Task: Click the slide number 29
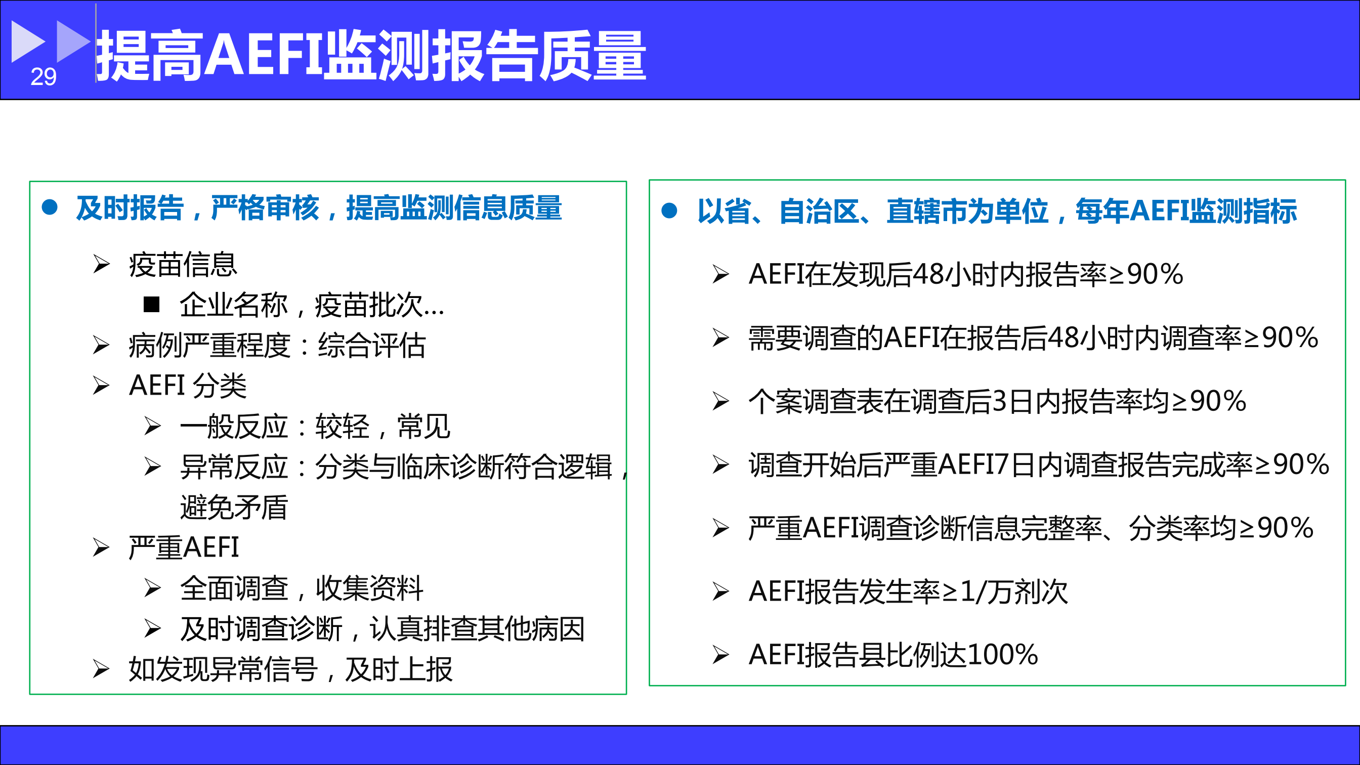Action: click(44, 77)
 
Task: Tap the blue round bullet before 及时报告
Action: click(50, 207)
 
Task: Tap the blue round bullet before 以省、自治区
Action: click(669, 210)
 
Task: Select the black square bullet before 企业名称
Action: click(151, 304)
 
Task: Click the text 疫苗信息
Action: click(183, 265)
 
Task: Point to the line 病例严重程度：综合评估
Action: click(277, 345)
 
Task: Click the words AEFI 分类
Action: click(188, 386)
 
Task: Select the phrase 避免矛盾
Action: click(234, 507)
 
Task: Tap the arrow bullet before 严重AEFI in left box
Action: click(101, 547)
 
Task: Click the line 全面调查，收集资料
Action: click(302, 588)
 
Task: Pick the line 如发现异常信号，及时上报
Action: click(291, 669)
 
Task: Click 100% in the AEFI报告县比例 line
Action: click(1003, 655)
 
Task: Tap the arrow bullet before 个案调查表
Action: click(720, 401)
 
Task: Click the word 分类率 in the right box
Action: click(1169, 528)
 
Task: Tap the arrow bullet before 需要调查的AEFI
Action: click(720, 337)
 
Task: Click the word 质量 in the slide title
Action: click(593, 55)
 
